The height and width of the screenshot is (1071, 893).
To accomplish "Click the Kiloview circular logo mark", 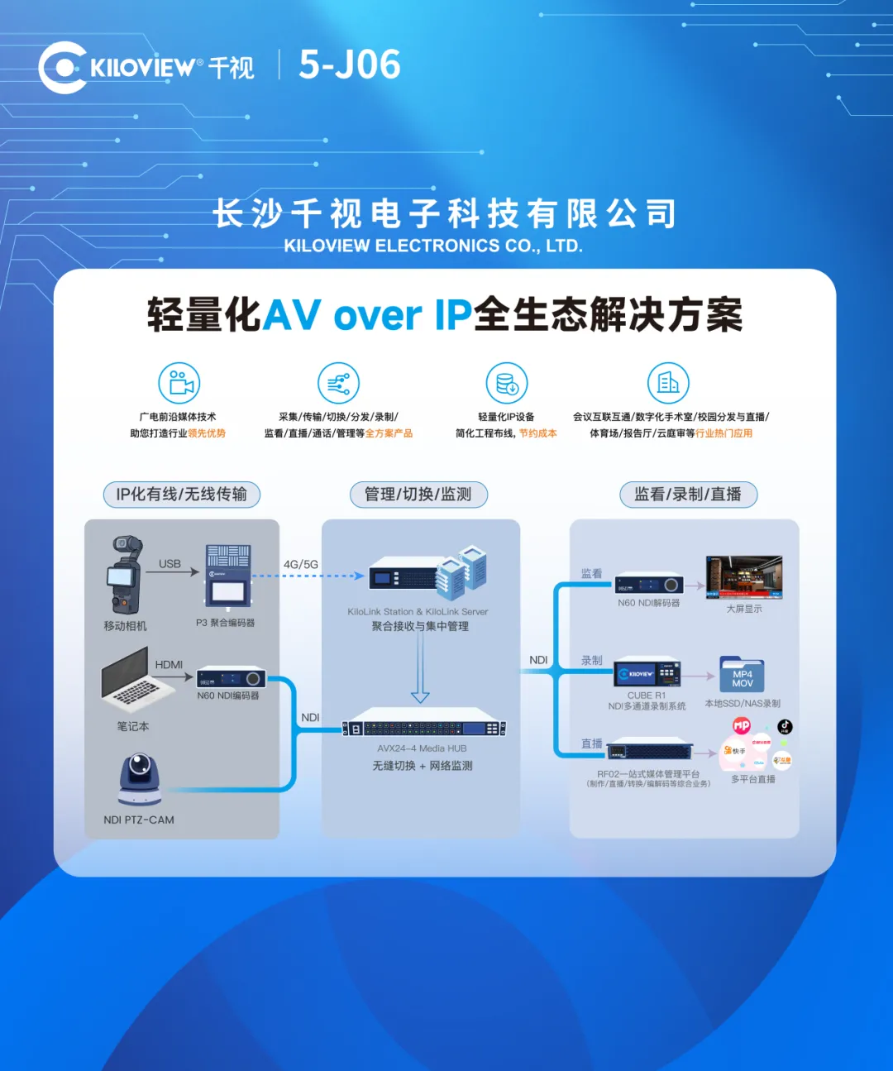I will tap(62, 67).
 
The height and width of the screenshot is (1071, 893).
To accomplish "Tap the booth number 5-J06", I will tap(350, 65).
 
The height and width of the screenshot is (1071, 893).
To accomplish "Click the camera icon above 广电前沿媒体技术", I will tap(179, 383).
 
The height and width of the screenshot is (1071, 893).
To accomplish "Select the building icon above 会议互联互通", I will tap(668, 383).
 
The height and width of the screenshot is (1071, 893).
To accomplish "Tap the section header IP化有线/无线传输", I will tap(181, 495).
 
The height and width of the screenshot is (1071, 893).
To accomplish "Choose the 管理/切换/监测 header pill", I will tap(418, 495).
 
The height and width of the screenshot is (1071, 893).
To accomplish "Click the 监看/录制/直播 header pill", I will tap(688, 495).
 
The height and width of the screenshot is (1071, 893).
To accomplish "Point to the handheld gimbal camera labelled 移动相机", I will tap(124, 574).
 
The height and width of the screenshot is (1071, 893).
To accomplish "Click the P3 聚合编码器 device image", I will tap(228, 575).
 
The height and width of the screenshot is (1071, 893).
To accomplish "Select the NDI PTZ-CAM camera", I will tap(140, 779).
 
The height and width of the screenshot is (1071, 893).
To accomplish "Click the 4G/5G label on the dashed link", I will tap(301, 564).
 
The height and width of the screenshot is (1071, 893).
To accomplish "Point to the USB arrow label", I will tap(170, 563).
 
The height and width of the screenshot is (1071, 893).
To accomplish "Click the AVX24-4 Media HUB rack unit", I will tap(423, 728).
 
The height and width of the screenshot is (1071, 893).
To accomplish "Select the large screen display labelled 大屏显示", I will tap(743, 576).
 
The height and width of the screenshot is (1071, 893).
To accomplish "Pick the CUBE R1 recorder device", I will tap(647, 674).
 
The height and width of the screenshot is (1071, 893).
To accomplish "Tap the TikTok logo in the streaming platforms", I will tap(785, 726).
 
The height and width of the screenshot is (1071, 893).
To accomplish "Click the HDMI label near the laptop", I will tap(169, 664).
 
